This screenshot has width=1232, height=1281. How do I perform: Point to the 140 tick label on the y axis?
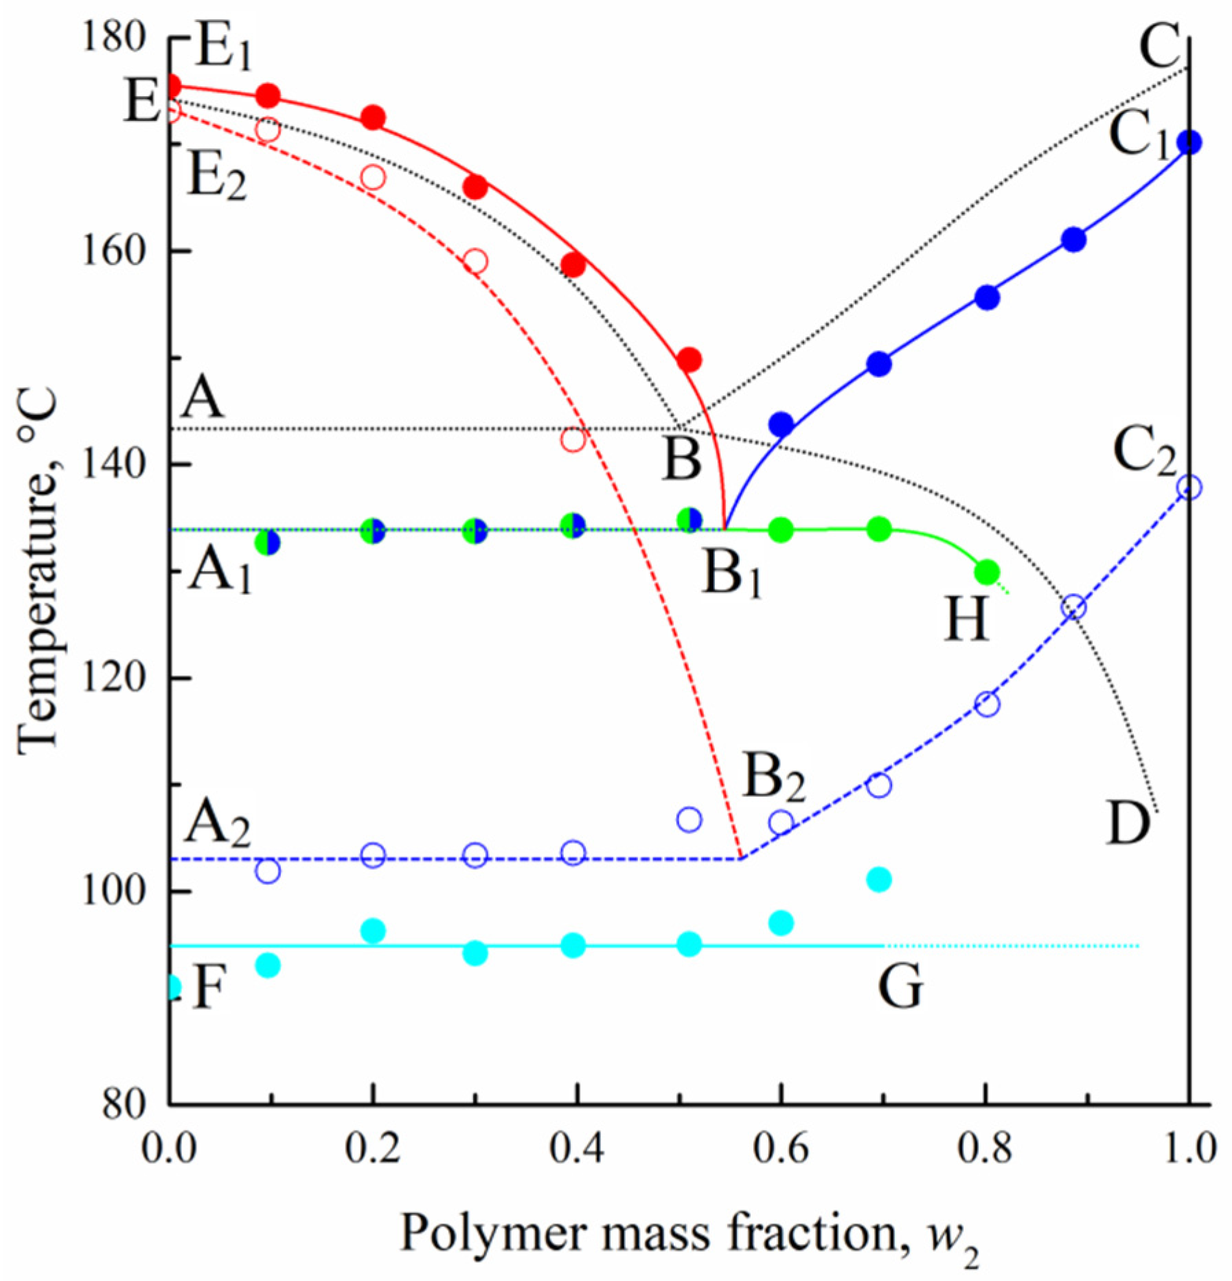pyautogui.click(x=113, y=464)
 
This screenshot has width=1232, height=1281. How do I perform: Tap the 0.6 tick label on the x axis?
pyautogui.click(x=781, y=1166)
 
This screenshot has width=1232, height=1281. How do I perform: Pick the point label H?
pyautogui.click(x=967, y=619)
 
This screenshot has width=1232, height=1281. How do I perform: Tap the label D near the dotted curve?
pyautogui.click(x=1128, y=823)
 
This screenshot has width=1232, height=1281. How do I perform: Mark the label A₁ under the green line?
pyautogui.click(x=220, y=570)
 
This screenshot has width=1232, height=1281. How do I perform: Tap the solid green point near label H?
pyautogui.click(x=987, y=572)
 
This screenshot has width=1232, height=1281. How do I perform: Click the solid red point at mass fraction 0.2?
pyautogui.click(x=373, y=118)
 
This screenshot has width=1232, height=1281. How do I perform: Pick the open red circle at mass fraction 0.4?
pyautogui.click(x=573, y=439)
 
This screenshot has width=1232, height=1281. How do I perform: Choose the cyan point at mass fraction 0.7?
pyautogui.click(x=879, y=879)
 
